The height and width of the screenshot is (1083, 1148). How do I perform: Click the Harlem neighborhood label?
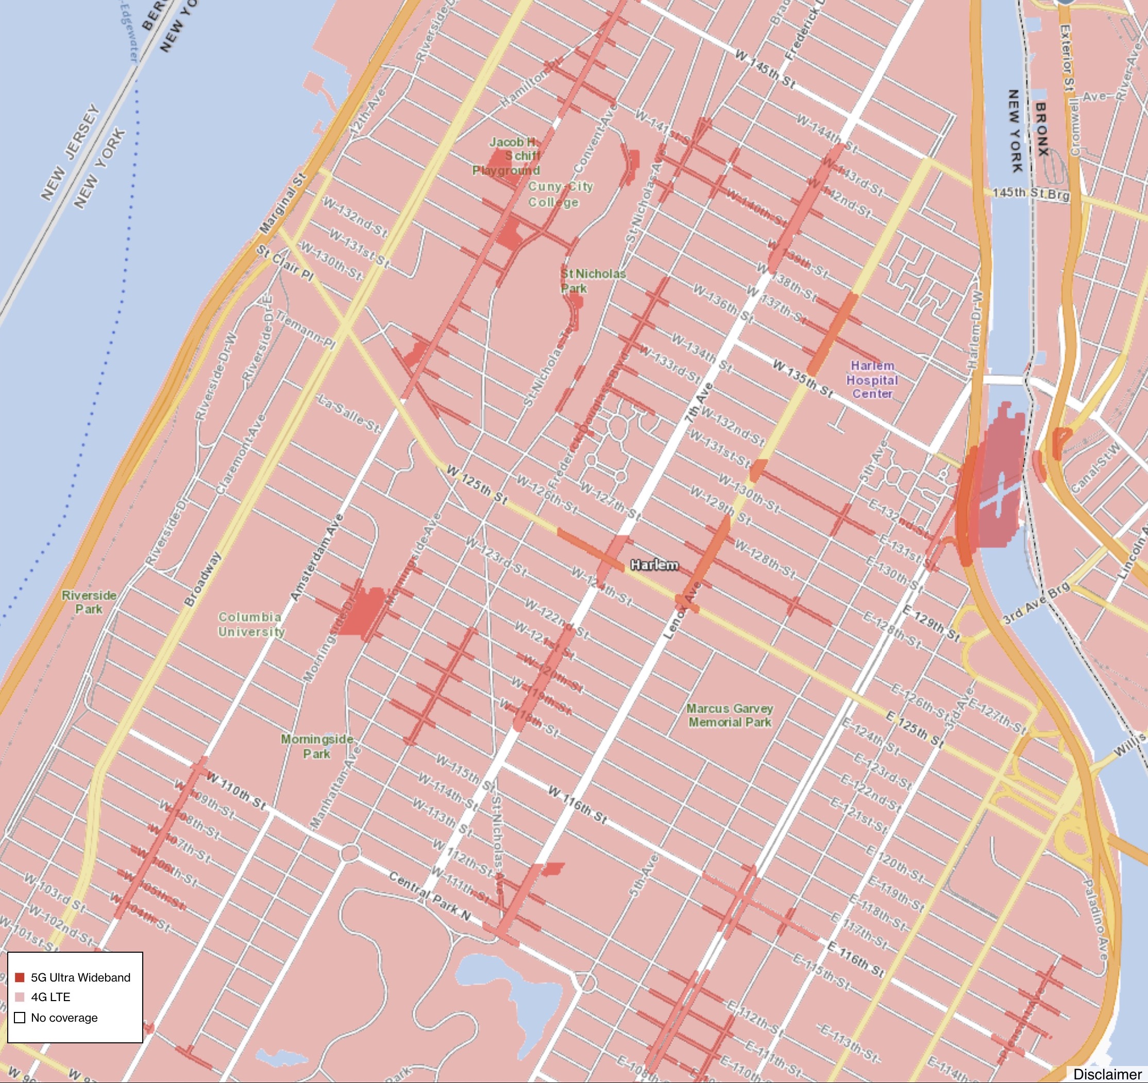[x=654, y=564]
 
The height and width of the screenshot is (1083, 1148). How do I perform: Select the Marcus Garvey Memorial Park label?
[x=729, y=715]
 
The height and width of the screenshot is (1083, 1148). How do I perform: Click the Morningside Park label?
[x=316, y=746]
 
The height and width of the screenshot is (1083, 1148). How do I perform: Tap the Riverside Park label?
[x=89, y=601]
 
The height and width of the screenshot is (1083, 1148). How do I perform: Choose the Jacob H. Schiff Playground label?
[x=507, y=156]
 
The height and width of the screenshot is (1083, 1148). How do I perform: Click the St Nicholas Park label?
[x=593, y=281]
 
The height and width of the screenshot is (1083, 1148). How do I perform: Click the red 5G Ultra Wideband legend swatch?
[x=20, y=977]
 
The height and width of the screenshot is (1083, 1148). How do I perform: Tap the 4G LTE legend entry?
[x=50, y=997]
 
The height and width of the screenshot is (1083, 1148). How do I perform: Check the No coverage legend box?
[x=20, y=1017]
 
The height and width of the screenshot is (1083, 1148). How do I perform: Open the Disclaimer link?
[x=1106, y=1074]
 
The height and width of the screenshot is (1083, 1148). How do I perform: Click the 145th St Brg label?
[x=1031, y=194]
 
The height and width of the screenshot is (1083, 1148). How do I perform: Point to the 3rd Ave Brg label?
[x=1036, y=603]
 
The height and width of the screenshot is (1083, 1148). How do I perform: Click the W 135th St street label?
[x=803, y=379]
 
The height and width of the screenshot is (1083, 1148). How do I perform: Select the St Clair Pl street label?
[x=285, y=263]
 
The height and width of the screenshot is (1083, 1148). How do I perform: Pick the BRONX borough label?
[x=1041, y=129]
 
